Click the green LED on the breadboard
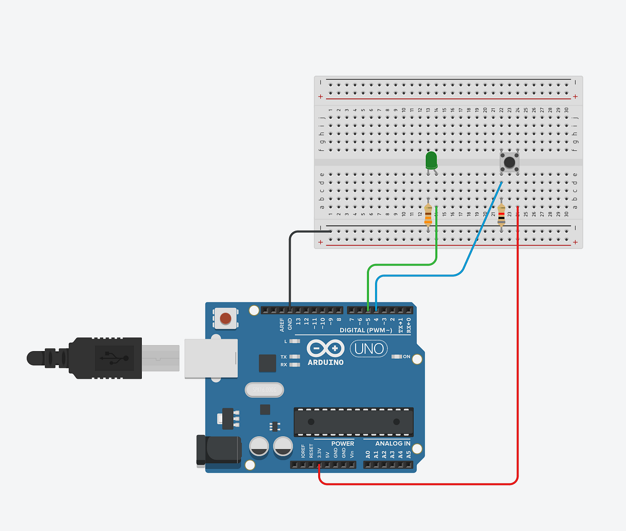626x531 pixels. (431, 160)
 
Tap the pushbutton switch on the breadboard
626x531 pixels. (509, 162)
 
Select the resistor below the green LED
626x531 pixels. (428, 214)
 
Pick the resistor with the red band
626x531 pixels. (501, 214)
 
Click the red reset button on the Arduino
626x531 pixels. (225, 318)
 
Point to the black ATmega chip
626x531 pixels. (353, 421)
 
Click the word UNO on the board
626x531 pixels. (369, 348)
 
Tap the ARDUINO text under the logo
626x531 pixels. (326, 363)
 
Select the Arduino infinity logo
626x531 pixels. (326, 348)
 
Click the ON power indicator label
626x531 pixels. (406, 357)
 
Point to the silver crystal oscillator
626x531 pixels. (264, 390)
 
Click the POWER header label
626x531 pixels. (342, 444)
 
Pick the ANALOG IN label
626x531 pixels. (392, 444)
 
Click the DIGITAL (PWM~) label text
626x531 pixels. (366, 330)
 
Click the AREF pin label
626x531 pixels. (282, 324)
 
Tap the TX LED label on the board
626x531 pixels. (283, 357)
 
